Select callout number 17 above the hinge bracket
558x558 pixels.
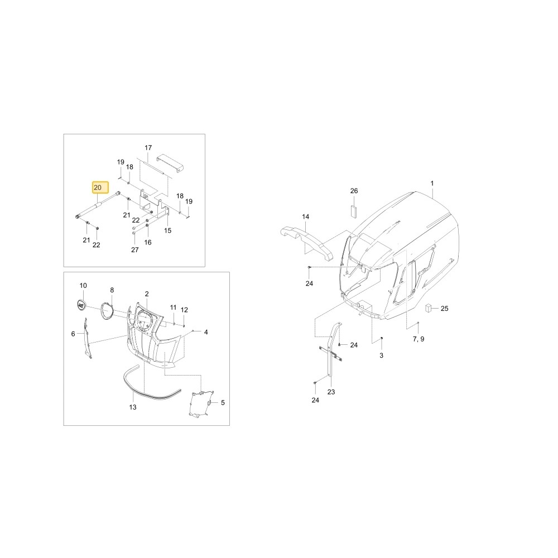click(148, 148)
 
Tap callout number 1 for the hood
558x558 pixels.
click(432, 183)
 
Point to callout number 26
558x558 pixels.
click(354, 191)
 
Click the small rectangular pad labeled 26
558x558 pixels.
click(353, 211)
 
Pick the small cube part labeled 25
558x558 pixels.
click(429, 308)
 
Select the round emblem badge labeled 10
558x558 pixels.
click(82, 305)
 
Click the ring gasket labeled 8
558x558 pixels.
click(107, 311)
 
